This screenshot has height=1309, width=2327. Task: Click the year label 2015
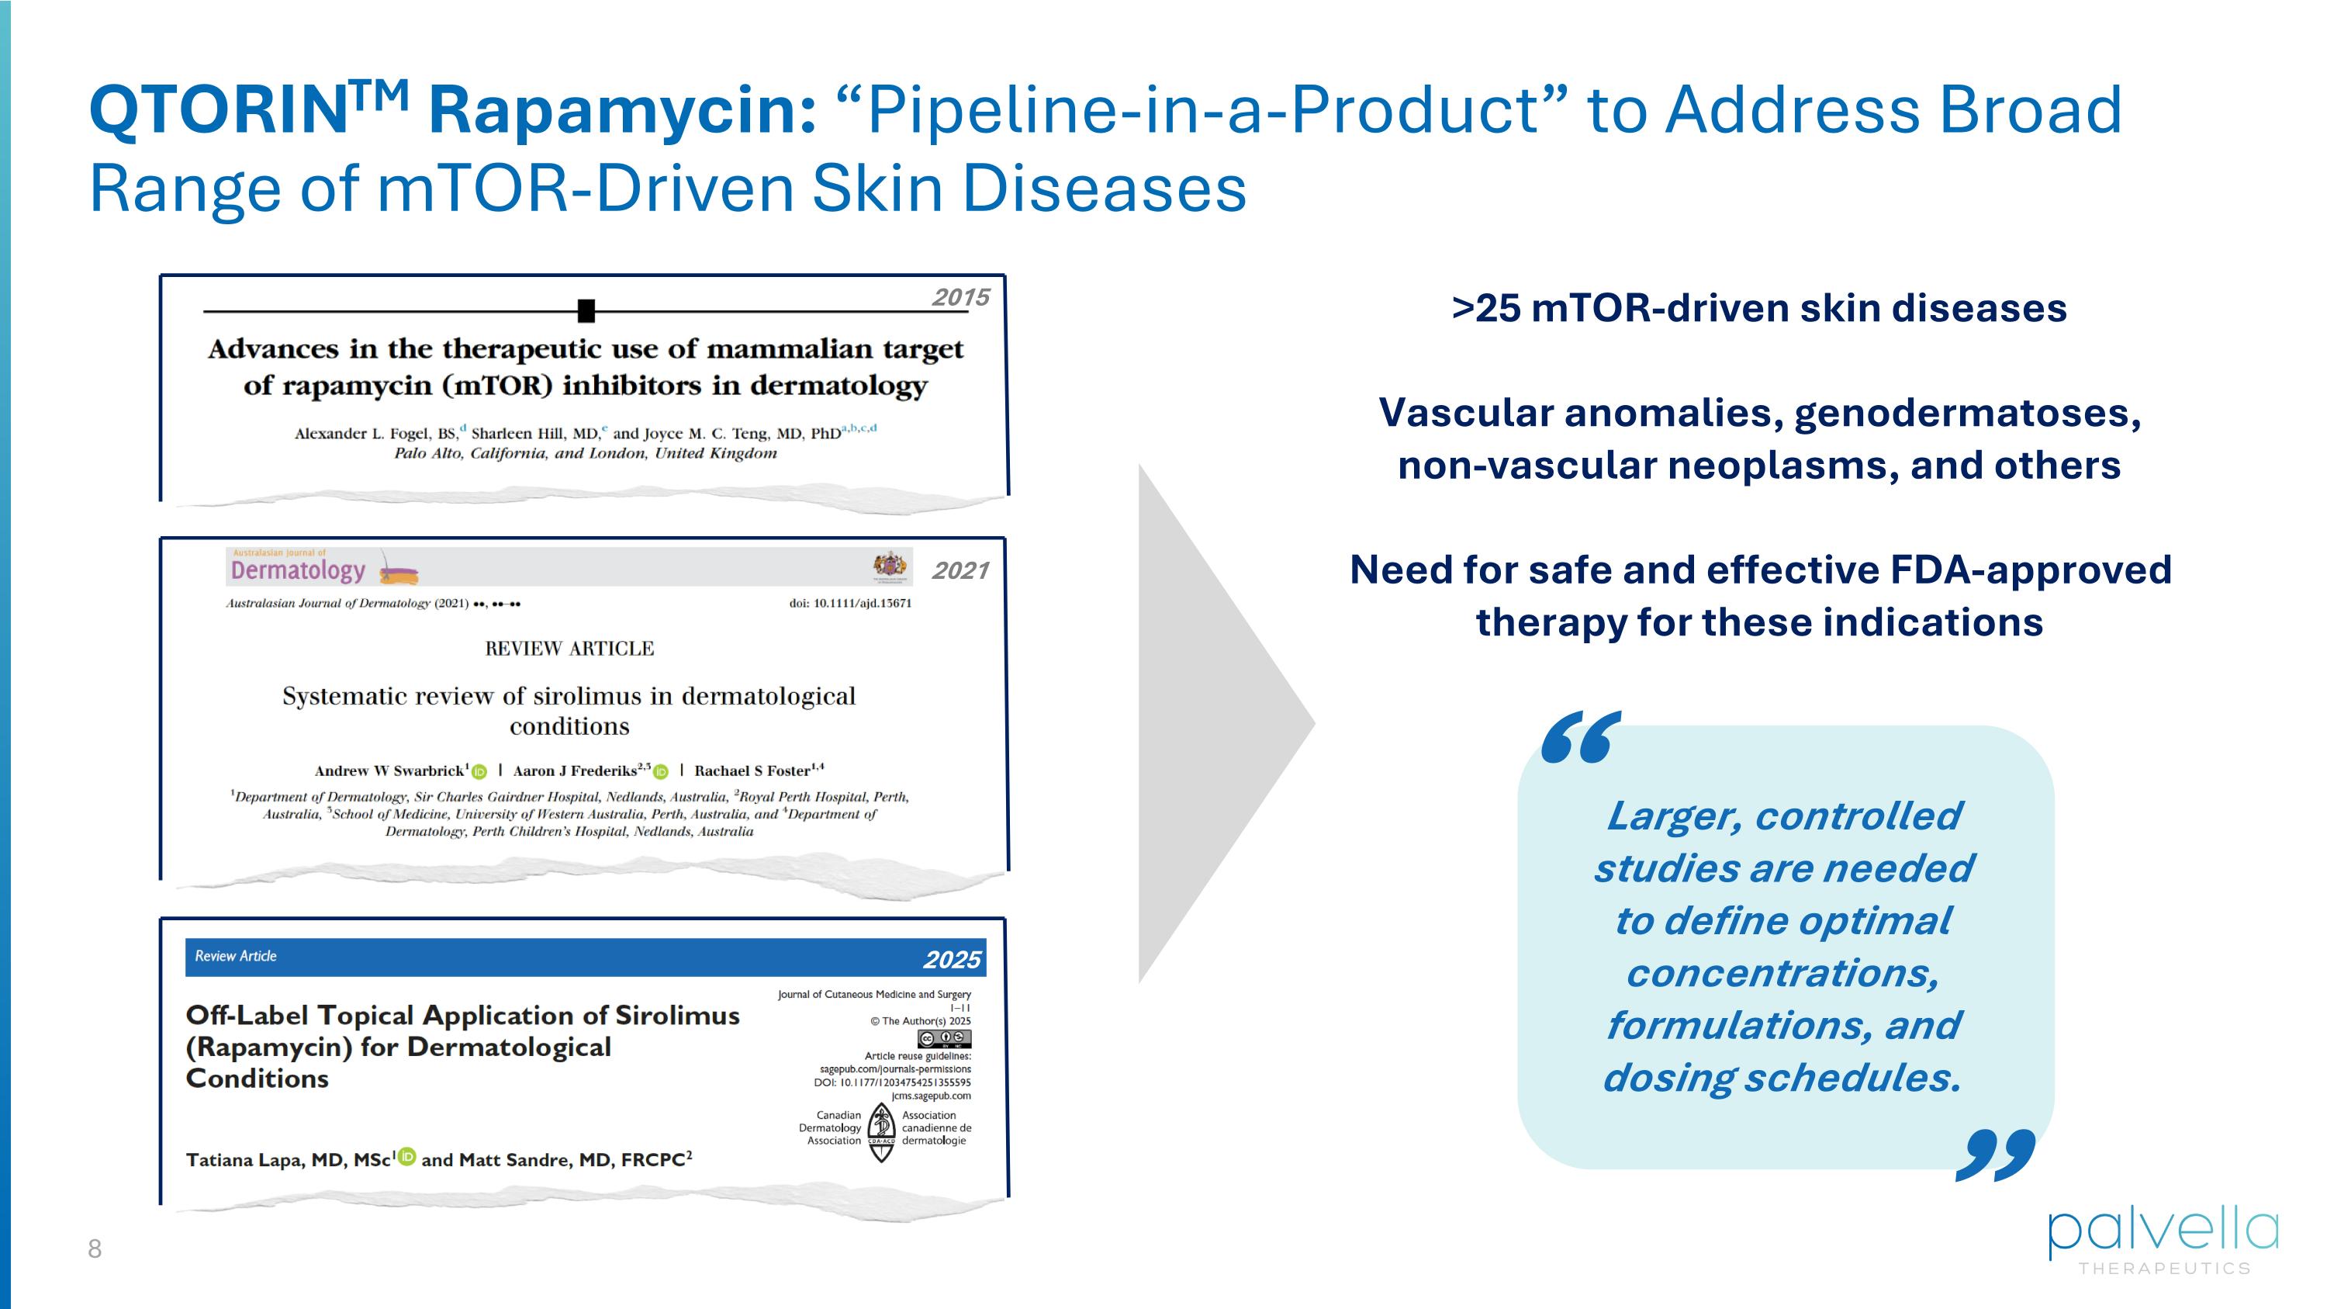pos(960,297)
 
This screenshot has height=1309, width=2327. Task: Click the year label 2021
pos(960,571)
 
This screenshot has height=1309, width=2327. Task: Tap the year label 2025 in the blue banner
pos(951,959)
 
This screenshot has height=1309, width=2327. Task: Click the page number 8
pos(95,1249)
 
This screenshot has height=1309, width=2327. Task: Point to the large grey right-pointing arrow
pos(1211,722)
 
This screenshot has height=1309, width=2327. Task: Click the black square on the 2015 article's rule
pos(586,311)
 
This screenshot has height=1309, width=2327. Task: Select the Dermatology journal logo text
pos(298,570)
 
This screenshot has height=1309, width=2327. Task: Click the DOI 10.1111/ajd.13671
pos(850,604)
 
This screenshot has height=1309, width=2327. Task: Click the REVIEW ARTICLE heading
pos(569,649)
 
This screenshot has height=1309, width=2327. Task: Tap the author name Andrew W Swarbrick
pos(389,771)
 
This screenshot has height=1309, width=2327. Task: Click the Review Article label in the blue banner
pos(236,956)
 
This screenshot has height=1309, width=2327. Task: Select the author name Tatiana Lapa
pos(247,1160)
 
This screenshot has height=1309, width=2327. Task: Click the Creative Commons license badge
pos(944,1039)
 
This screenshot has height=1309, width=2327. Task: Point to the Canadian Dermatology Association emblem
pos(880,1132)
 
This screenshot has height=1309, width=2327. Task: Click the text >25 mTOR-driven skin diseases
pos(1758,308)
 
